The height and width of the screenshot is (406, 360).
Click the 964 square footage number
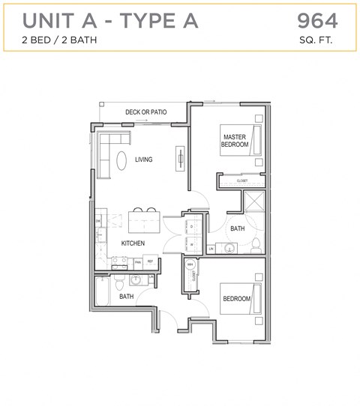point(317,20)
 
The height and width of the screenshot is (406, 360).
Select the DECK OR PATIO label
point(145,112)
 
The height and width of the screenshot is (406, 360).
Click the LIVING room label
point(144,160)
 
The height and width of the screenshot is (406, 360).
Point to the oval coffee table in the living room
point(121,160)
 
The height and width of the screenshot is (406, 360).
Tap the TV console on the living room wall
point(181,158)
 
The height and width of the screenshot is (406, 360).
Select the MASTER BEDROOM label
point(235,141)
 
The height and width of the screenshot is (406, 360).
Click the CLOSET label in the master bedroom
point(242,181)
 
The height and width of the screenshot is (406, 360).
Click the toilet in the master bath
point(255,244)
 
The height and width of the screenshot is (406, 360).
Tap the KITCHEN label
point(133,243)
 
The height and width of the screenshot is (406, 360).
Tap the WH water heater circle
point(190,265)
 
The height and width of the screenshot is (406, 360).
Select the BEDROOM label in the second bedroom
point(237,299)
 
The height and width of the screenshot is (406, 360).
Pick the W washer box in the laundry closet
point(192,244)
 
